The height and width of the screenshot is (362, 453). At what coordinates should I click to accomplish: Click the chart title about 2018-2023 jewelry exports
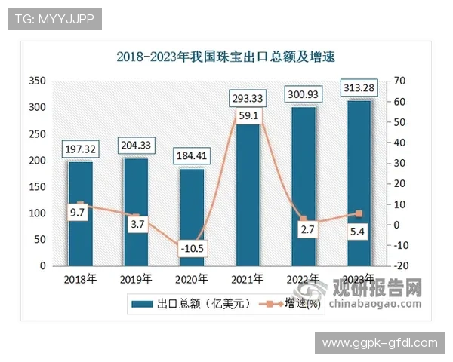(226, 56)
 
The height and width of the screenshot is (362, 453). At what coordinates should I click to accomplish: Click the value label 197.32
(80, 148)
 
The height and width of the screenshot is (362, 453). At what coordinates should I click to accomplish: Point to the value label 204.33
(136, 144)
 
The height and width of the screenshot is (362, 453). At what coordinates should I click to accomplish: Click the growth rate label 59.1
(247, 115)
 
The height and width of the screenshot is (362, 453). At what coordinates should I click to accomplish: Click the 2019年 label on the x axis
(136, 279)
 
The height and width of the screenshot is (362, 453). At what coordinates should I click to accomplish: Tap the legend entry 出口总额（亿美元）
(194, 305)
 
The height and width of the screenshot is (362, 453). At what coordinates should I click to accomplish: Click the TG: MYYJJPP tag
(54, 18)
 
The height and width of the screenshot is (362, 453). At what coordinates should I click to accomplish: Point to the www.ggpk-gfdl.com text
(380, 343)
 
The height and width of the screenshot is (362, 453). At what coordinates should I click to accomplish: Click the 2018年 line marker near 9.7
(80, 204)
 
